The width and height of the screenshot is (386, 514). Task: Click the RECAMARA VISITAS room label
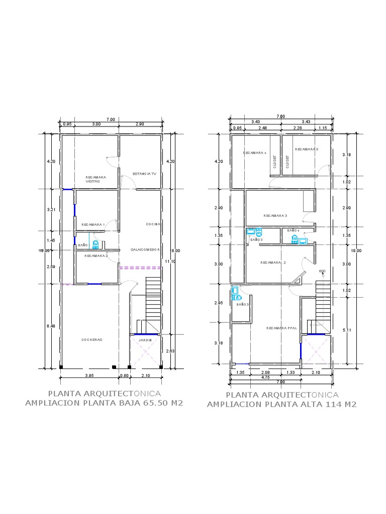(95, 179)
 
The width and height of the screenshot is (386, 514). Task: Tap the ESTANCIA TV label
(144, 174)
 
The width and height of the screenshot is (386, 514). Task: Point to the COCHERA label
(92, 340)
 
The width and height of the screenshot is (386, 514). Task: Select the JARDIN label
(145, 340)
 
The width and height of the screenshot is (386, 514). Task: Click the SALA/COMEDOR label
(145, 249)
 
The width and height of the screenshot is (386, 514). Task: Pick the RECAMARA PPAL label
(281, 328)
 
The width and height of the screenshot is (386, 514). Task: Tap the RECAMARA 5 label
(307, 149)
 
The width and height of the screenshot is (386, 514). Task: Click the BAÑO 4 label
(293, 230)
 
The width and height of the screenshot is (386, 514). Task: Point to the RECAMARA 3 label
(275, 216)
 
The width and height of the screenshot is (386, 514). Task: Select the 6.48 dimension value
(51, 326)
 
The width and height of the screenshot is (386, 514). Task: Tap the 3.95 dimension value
(89, 375)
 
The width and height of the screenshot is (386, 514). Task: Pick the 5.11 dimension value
(347, 330)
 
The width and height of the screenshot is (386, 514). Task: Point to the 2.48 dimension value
(263, 128)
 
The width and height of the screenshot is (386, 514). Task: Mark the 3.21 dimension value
(51, 210)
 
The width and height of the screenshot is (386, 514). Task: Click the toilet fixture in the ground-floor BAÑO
(95, 244)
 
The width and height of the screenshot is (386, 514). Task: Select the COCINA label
(153, 224)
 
